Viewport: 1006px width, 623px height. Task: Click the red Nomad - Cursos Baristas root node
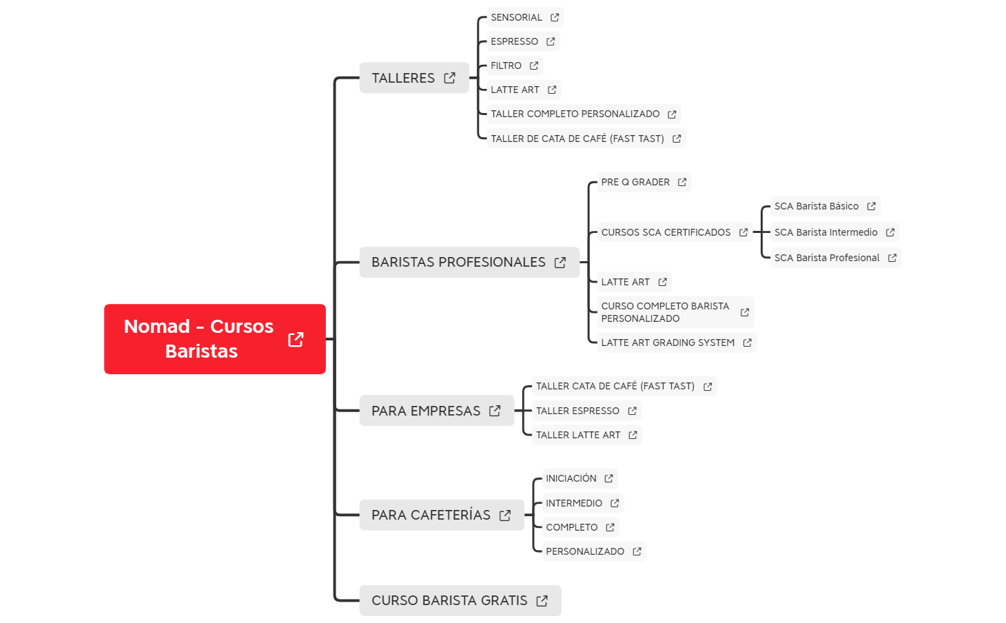point(215,338)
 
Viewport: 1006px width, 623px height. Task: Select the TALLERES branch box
point(414,78)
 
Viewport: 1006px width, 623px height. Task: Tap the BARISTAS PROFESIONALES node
point(469,262)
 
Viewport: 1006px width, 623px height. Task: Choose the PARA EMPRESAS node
point(437,411)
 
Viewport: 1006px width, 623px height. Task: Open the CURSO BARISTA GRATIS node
point(460,600)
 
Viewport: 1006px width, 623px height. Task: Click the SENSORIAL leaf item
point(525,17)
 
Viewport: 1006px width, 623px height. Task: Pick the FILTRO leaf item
point(515,65)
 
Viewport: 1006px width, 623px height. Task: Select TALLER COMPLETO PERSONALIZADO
point(584,114)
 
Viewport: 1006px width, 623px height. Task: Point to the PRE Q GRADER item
point(644,182)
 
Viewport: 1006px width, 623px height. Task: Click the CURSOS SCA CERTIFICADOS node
point(675,232)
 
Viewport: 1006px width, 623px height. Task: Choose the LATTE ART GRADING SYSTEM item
point(677,343)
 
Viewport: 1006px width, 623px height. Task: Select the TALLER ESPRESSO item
point(586,411)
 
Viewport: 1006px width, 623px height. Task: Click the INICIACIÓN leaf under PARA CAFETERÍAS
point(579,478)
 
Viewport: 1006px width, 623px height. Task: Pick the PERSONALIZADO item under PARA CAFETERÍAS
point(594,551)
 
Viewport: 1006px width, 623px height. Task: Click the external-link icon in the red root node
point(296,340)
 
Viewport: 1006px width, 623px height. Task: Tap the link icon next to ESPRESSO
point(551,41)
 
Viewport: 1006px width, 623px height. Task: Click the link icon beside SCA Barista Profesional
point(892,258)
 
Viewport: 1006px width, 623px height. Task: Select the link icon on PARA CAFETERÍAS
point(505,515)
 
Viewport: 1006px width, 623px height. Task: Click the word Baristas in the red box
point(201,351)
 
